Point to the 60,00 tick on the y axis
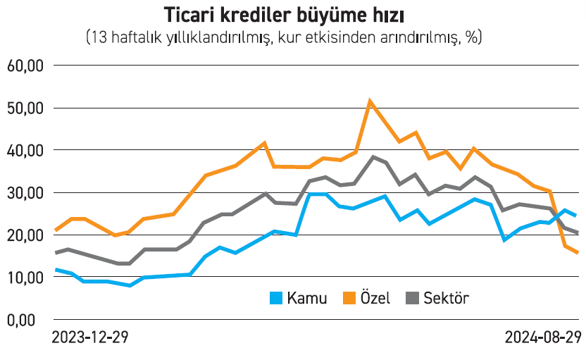click(x=25, y=66)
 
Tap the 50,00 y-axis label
click(x=25, y=108)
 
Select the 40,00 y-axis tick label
click(x=25, y=150)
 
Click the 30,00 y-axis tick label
click(x=25, y=192)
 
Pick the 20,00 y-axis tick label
click(x=25, y=235)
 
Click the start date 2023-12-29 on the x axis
click(x=90, y=338)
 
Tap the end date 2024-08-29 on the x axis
click(x=542, y=338)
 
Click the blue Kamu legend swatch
click(x=276, y=298)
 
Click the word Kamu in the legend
click(x=307, y=298)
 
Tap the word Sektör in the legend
click(x=446, y=298)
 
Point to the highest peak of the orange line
click(x=370, y=101)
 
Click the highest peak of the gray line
click(x=373, y=156)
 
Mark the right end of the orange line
click(x=578, y=252)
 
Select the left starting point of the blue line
click(x=56, y=270)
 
